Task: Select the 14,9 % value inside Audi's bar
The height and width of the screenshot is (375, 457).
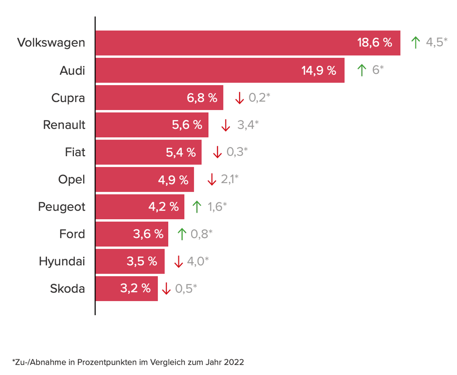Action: coord(319,70)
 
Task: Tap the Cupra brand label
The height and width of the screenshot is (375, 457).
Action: coord(68,98)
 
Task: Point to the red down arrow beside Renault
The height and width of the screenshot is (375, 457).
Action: coord(226,125)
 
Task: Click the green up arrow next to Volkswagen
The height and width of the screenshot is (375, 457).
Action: coord(415,42)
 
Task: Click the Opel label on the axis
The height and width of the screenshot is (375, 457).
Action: coord(71,179)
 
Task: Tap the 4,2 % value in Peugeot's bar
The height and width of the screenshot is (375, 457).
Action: coord(163,206)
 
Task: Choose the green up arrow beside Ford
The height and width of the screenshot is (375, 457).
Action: coord(182,234)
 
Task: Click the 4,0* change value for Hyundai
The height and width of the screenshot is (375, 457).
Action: coord(197,262)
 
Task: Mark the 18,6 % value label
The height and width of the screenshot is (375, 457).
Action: coord(375,42)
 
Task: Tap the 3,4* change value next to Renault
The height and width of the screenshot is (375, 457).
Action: coord(248,125)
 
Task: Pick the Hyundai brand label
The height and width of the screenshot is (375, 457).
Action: coord(62,261)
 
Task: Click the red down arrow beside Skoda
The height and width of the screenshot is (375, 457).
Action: coord(166,289)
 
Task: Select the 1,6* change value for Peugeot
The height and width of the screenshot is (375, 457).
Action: coord(217,207)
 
